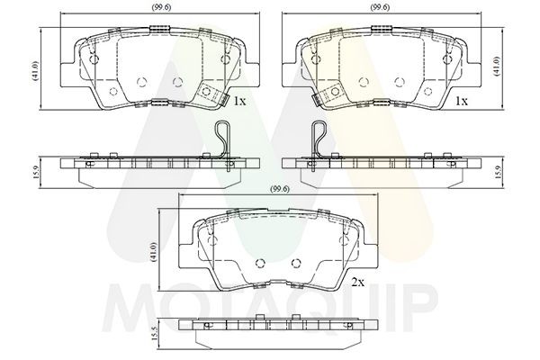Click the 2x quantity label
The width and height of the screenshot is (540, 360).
(x=358, y=283)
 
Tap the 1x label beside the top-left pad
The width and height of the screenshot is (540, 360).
(x=239, y=101)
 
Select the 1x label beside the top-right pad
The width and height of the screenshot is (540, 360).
(x=462, y=101)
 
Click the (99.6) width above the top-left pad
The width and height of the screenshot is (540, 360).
(x=161, y=7)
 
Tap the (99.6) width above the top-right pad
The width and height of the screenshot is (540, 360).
(x=380, y=7)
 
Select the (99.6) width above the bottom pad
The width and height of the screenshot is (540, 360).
(x=280, y=189)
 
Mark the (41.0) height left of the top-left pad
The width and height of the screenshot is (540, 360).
(x=37, y=71)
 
